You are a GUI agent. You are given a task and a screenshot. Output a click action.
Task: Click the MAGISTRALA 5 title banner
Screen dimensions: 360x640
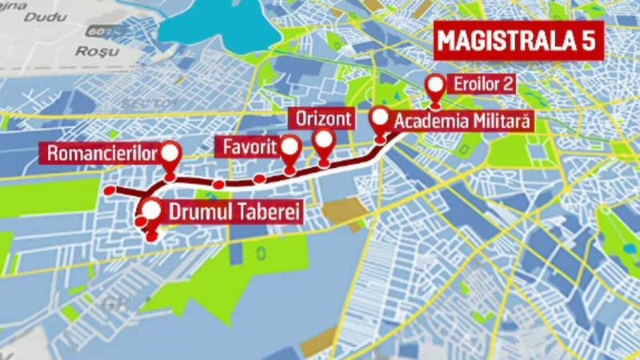(x=517, y=43)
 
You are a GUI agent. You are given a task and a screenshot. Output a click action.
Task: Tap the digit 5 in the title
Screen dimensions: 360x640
(x=588, y=43)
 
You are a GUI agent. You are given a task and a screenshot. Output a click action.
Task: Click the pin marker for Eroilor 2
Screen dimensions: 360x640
(x=435, y=86)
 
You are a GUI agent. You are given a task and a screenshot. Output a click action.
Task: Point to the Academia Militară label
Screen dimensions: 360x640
(x=462, y=121)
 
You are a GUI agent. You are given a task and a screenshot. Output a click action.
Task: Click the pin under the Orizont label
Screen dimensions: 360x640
(x=324, y=143)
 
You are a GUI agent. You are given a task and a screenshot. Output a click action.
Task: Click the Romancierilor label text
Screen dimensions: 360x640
(x=100, y=152)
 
